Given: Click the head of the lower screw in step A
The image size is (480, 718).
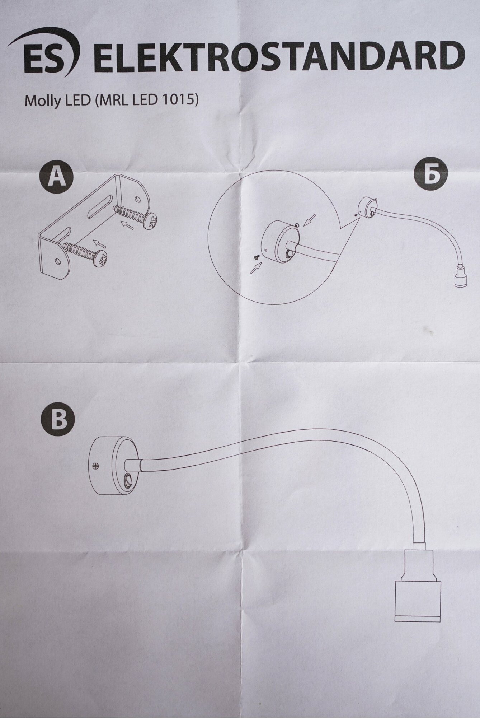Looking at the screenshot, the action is [x=103, y=258].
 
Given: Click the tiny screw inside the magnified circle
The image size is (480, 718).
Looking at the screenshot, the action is [x=257, y=256].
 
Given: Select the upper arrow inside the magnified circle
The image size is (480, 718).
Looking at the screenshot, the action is [x=310, y=220].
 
